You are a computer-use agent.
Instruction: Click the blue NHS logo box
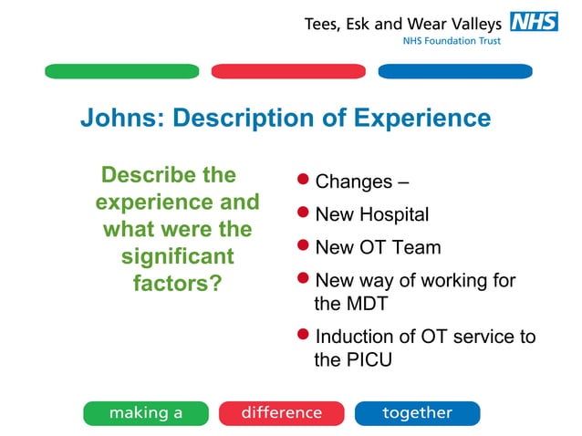click(x=534, y=22)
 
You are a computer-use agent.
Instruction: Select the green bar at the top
click(x=121, y=71)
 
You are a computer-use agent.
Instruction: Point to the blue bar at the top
click(x=454, y=71)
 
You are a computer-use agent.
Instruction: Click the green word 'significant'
click(x=178, y=256)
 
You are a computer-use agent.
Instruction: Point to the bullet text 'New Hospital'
click(x=371, y=215)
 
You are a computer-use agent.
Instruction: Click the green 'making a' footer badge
click(x=146, y=413)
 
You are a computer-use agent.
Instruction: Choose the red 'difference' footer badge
click(x=281, y=413)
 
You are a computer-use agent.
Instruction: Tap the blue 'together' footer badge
click(x=417, y=413)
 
